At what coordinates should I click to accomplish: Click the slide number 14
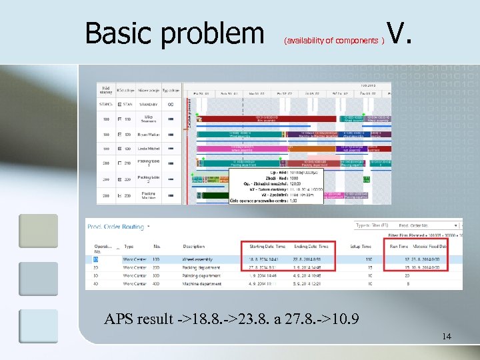446,336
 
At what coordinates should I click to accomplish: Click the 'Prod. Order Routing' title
116,227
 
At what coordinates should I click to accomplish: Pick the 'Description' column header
194,246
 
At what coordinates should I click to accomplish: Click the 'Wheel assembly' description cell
202,258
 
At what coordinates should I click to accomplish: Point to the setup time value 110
368,258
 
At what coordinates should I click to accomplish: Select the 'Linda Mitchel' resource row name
148,149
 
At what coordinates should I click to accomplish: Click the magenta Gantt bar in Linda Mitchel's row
240,148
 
